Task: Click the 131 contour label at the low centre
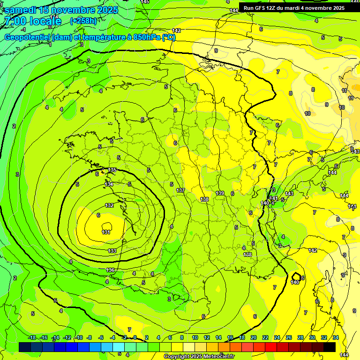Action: [106, 232]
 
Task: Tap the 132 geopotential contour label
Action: [109, 205]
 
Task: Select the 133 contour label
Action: [112, 251]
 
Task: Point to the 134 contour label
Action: [109, 184]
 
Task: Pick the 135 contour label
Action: [112, 170]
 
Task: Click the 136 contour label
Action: [110, 270]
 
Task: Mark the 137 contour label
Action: [180, 190]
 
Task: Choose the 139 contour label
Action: [220, 193]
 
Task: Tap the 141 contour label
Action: [274, 198]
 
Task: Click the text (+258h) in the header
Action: [83, 21]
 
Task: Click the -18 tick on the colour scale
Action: [32, 337]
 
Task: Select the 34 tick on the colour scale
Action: [336, 337]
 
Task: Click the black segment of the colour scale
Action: [330, 347]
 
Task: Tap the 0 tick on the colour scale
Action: [135, 337]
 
